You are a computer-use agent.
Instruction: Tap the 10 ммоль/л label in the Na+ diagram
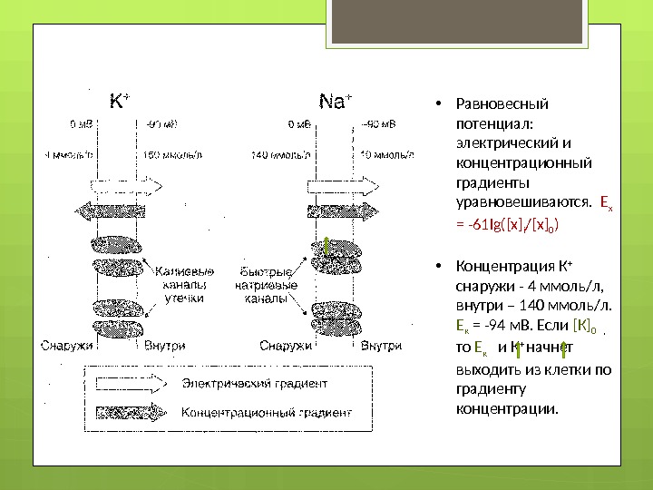point(386,155)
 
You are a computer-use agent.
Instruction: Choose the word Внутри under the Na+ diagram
point(382,346)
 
